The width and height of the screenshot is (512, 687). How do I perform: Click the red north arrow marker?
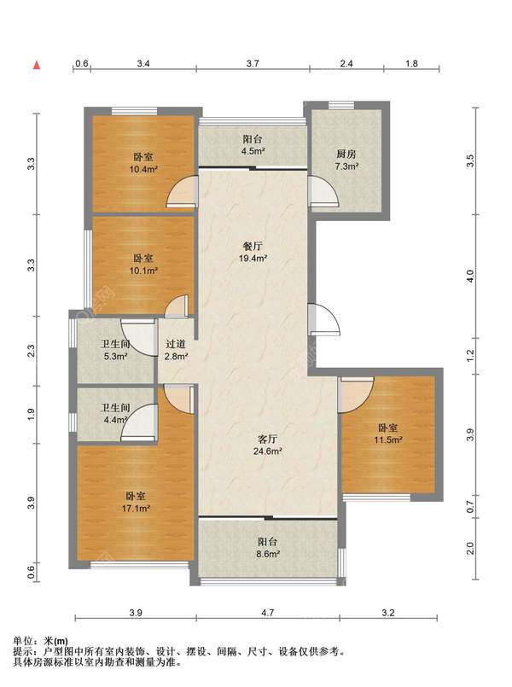click(38, 66)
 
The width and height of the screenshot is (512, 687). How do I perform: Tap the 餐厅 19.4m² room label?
click(253, 252)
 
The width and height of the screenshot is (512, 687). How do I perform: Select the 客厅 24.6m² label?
click(267, 445)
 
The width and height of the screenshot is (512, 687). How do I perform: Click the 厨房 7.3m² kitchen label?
click(346, 160)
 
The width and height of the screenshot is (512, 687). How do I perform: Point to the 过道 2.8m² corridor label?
click(176, 350)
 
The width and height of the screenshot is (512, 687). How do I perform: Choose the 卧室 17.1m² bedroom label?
click(136, 502)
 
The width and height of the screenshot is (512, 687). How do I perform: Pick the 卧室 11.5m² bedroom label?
click(387, 434)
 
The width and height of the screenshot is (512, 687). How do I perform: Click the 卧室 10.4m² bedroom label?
click(143, 162)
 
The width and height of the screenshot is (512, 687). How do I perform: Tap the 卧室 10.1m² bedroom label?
click(143, 265)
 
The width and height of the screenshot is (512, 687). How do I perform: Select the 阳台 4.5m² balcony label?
click(253, 145)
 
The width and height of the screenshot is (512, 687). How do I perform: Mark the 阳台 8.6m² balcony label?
click(268, 548)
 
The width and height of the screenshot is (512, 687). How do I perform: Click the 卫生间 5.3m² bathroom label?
click(116, 350)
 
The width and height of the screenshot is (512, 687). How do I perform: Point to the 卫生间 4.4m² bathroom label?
click(116, 414)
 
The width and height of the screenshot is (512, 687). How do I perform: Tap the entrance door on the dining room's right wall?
click(324, 319)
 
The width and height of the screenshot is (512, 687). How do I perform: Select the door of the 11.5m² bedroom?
click(356, 395)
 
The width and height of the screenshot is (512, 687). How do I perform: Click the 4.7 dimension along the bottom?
click(267, 613)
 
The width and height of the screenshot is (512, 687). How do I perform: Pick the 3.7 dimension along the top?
click(253, 63)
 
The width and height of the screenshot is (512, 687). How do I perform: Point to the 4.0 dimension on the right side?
click(470, 276)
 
